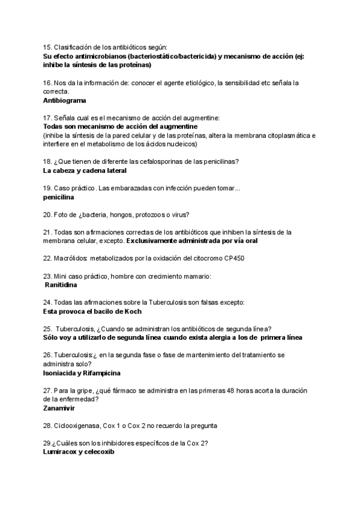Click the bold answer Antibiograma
coord(65,101)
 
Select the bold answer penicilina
coord(59,197)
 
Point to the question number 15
coord(47,47)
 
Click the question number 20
coord(47,214)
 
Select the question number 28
coord(47,426)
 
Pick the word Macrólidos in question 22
coord(70,258)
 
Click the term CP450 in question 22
coord(233,258)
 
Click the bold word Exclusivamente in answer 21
coord(155,241)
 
